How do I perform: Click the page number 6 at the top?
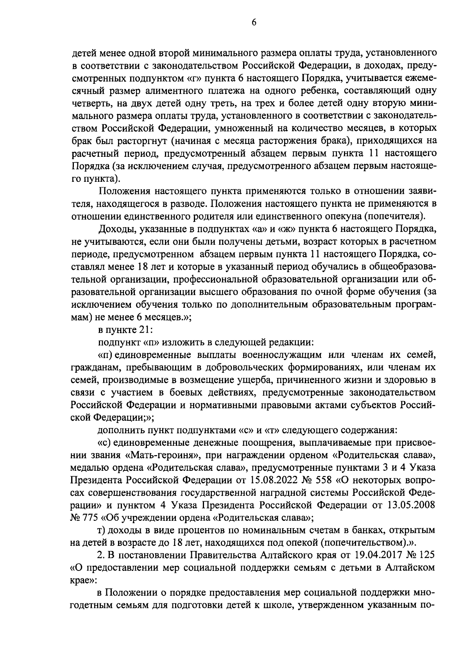254,23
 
